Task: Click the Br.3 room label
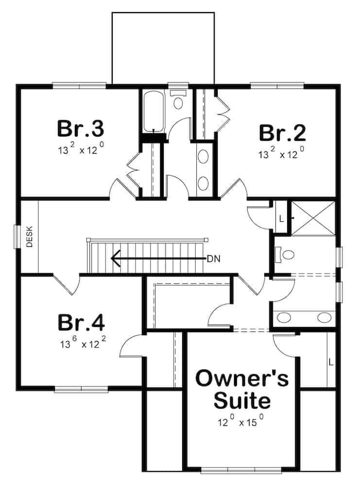point(81,129)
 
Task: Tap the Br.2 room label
point(282,133)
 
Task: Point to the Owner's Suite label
point(242,389)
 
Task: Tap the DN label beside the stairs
point(214,259)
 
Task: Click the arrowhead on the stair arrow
point(115,258)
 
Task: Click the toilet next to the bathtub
point(178,99)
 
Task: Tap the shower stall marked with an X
point(313,218)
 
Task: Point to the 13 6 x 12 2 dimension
point(83,343)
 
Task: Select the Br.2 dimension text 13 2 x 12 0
point(281,154)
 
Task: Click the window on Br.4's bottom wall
point(82,389)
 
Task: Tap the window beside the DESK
point(17,237)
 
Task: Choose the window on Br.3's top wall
point(79,85)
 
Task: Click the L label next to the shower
point(281,219)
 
